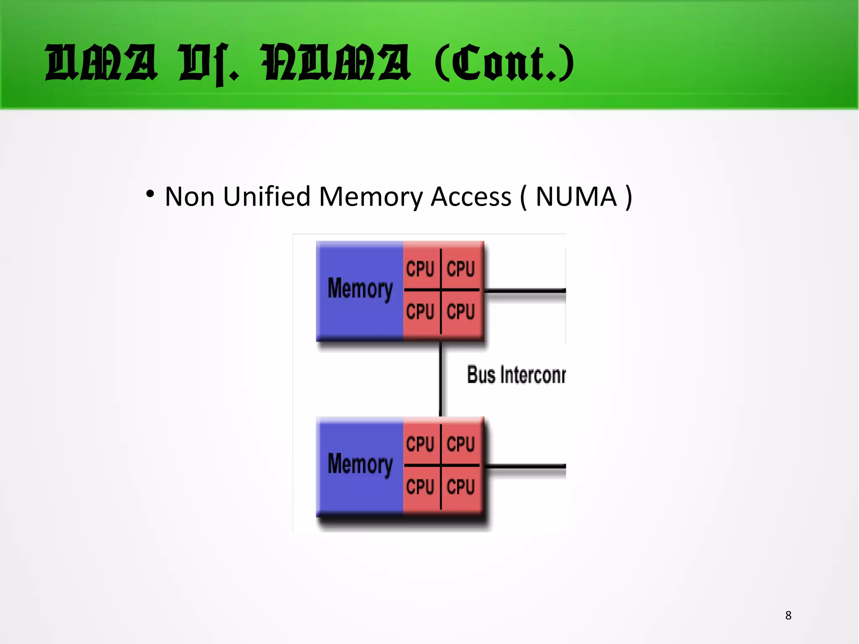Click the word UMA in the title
click(102, 63)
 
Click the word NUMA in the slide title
click(336, 63)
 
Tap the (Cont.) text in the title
click(505, 63)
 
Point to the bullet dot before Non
click(150, 194)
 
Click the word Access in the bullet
click(471, 196)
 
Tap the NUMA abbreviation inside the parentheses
click(576, 196)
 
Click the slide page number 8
click(788, 615)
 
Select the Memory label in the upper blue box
click(360, 289)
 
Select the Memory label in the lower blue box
click(360, 464)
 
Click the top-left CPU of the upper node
click(420, 269)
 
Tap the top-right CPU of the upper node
click(461, 269)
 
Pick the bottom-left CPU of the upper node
click(420, 312)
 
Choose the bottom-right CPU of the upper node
click(461, 312)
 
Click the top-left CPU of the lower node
click(420, 444)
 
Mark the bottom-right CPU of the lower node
click(461, 487)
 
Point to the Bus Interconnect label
click(516, 375)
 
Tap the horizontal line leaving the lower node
click(524, 466)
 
